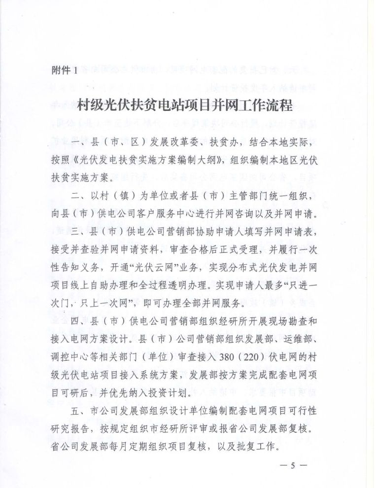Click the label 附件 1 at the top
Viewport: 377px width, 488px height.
pos(64,70)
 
